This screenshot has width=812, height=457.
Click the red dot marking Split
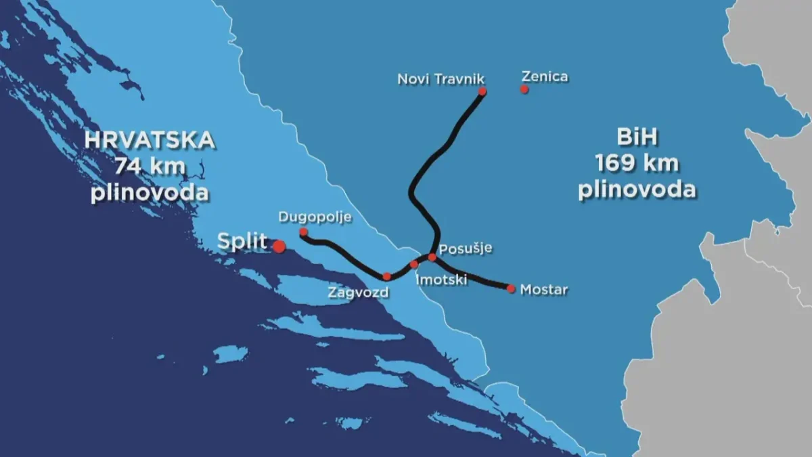tap(279, 246)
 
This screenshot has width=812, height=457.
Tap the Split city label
tap(242, 242)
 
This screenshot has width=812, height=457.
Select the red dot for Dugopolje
tap(303, 232)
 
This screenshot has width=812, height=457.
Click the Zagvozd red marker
tap(386, 276)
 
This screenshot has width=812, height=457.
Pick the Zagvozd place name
tap(359, 293)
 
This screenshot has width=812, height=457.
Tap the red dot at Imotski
tap(414, 264)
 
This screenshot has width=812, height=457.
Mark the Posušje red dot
tap(432, 257)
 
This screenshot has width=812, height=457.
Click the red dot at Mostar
tap(511, 289)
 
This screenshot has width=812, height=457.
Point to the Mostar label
tap(544, 290)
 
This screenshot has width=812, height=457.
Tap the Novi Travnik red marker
tap(482, 91)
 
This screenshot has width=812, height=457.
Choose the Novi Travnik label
tap(441, 79)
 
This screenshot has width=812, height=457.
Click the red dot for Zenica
tap(524, 89)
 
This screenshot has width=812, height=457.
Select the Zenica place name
tap(545, 77)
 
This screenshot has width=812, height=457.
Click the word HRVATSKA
tap(150, 141)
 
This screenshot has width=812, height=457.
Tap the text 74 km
tap(150, 166)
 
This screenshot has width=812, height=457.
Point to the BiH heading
tap(637, 138)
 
